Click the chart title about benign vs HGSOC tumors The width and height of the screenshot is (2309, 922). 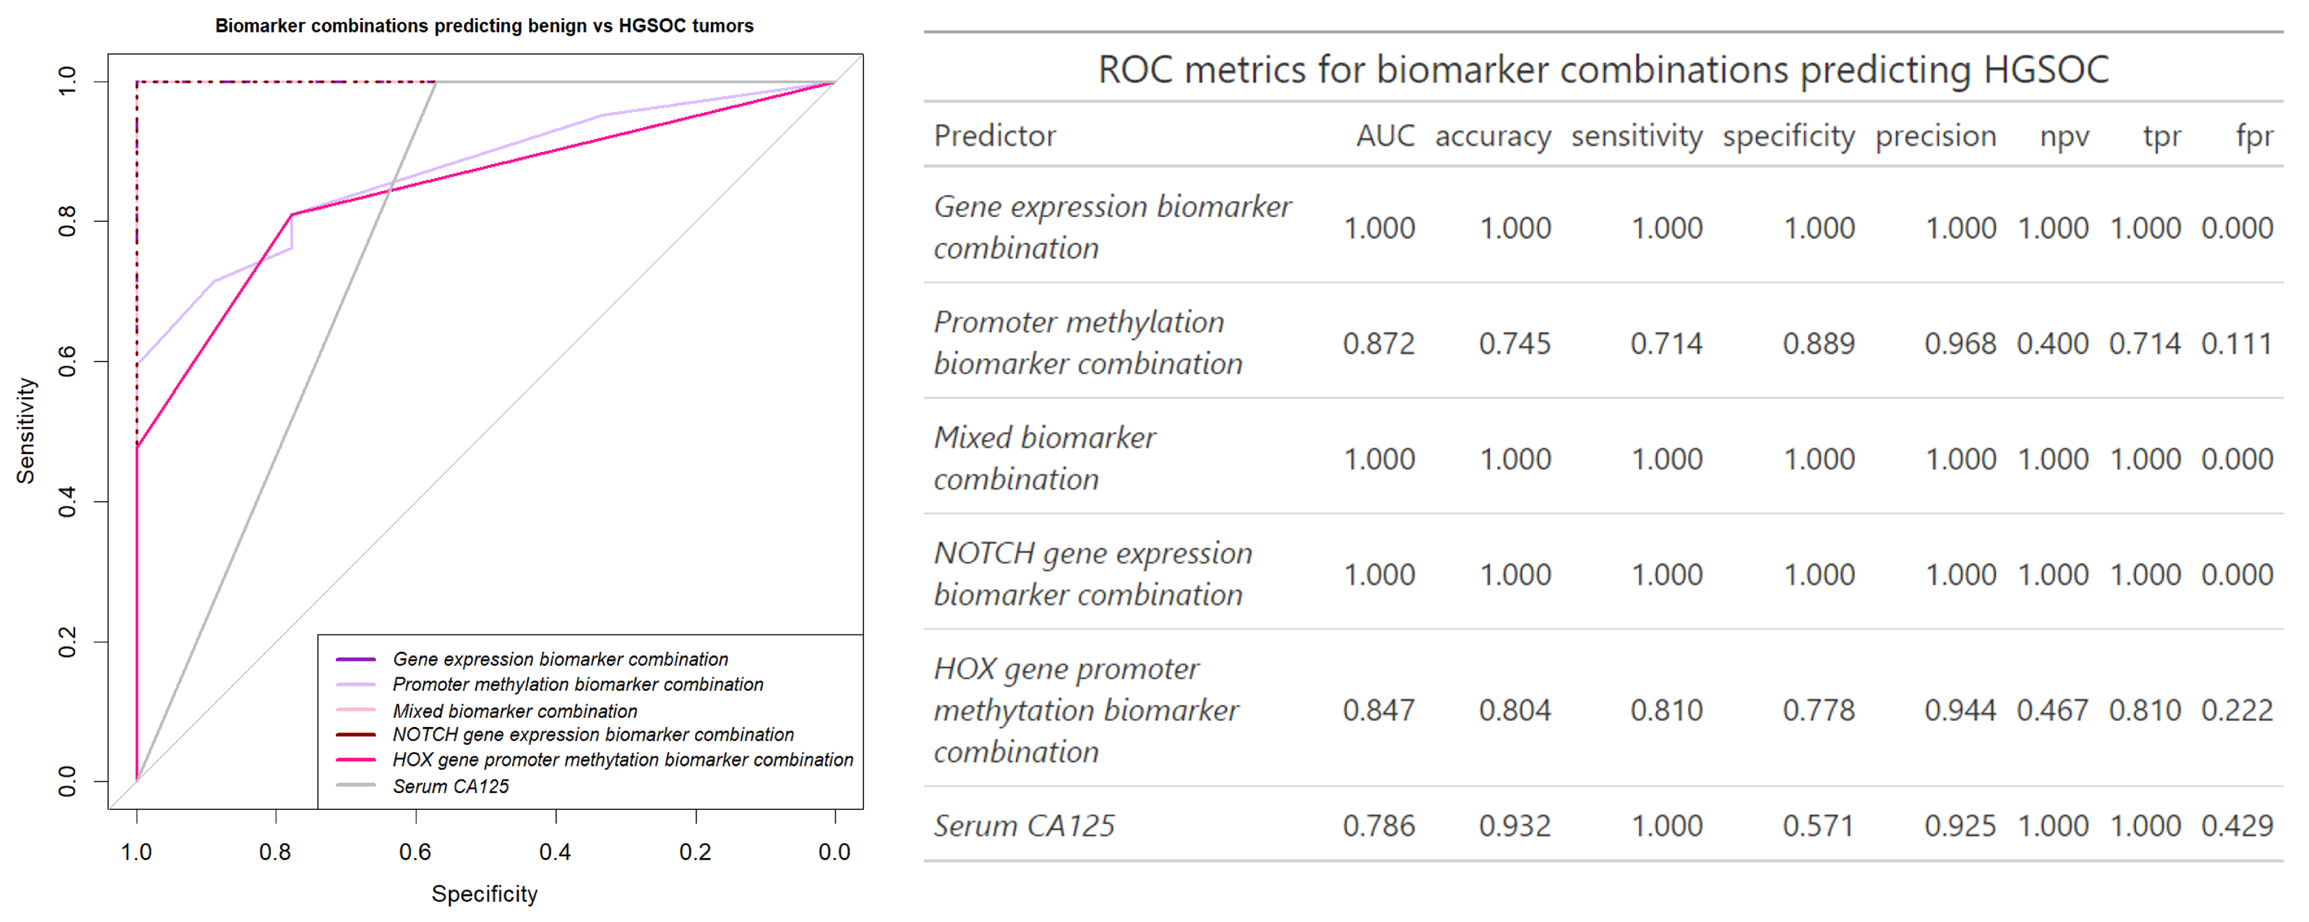[484, 25]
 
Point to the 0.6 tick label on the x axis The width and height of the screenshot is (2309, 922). [415, 852]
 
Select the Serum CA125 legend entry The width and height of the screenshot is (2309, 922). [450, 787]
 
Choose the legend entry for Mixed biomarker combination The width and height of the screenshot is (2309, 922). [514, 711]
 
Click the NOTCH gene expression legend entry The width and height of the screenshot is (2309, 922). [592, 735]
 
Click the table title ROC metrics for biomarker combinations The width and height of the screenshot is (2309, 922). [1603, 69]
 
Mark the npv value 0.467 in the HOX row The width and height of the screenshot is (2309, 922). [2052, 710]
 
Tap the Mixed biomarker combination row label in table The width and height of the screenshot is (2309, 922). [1044, 459]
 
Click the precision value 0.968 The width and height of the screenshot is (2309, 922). [1960, 343]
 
